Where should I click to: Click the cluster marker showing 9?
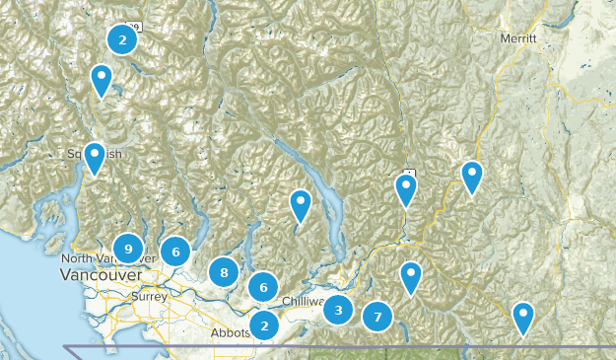[127, 250]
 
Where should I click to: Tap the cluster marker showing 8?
[225, 272]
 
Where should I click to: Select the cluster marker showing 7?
[376, 318]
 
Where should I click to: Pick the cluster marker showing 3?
[338, 311]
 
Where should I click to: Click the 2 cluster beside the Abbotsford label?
[264, 324]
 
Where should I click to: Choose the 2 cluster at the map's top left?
[122, 39]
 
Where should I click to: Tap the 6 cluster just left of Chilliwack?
[263, 287]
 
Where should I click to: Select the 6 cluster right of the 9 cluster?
[175, 252]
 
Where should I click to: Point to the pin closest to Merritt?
[472, 177]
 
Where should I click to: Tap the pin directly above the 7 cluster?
[411, 277]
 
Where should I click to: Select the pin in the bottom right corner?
[522, 318]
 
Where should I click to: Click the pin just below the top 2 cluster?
[102, 80]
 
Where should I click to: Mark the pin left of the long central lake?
[301, 205]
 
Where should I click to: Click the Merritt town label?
[517, 37]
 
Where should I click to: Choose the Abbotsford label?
[229, 333]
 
